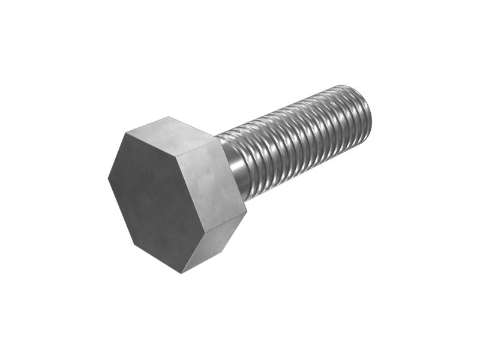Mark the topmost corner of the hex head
click(x=168, y=116)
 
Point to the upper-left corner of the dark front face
click(x=124, y=133)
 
